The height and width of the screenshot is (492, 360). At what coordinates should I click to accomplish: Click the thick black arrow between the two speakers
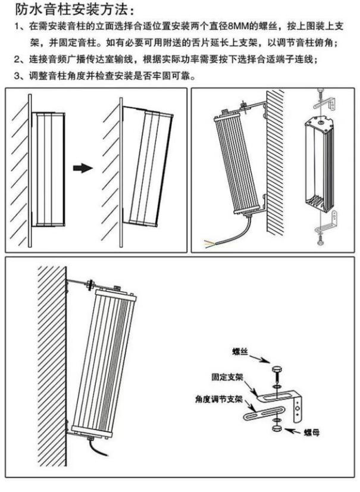point(83,168)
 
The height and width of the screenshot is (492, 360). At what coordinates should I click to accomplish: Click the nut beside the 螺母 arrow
point(276,428)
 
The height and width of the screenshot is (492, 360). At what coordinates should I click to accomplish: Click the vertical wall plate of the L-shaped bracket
point(301,406)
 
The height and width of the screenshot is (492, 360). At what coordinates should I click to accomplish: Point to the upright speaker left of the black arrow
point(48,170)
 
